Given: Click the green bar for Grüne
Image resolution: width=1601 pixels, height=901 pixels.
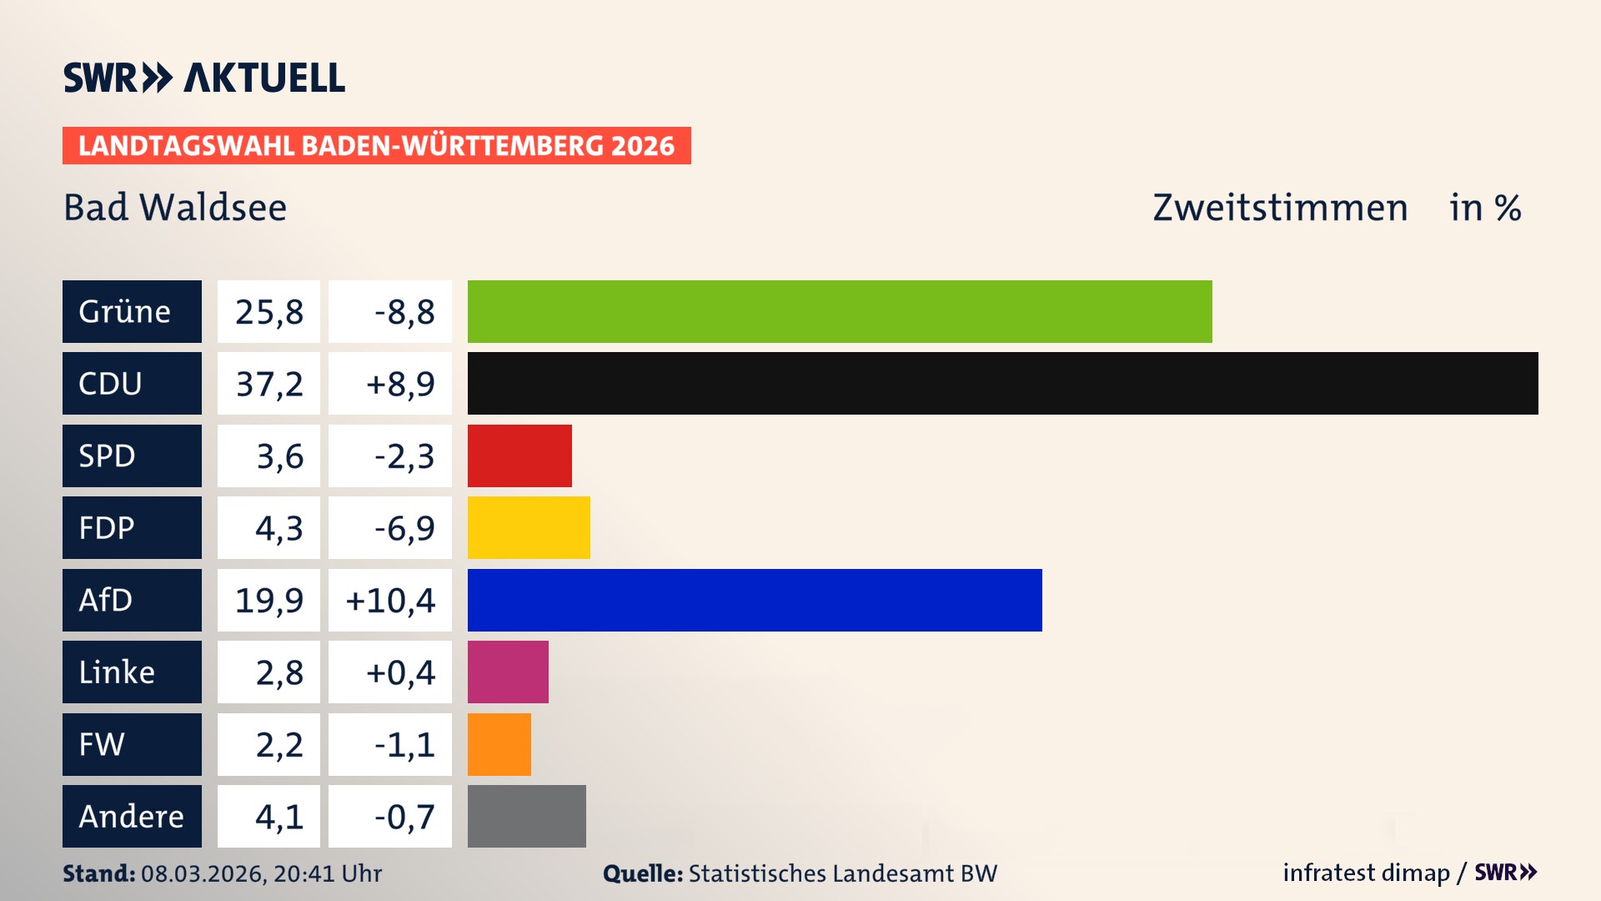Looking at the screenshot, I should [x=839, y=311].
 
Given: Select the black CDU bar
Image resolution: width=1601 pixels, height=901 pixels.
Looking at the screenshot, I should [x=1002, y=383].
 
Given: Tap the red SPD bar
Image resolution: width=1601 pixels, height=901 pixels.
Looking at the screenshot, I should [x=519, y=456].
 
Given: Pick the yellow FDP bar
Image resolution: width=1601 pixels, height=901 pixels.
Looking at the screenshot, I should [x=529, y=527].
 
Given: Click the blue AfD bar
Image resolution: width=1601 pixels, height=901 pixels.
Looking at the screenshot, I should [x=755, y=600].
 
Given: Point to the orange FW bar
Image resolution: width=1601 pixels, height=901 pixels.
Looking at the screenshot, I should [x=499, y=744].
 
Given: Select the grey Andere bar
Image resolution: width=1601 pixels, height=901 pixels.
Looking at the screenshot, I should [x=526, y=816].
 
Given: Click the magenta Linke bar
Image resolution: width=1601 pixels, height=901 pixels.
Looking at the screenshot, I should [x=508, y=672].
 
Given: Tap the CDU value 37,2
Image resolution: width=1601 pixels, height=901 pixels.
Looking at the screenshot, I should [x=269, y=384].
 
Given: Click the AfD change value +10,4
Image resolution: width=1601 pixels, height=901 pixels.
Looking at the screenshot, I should [x=390, y=601].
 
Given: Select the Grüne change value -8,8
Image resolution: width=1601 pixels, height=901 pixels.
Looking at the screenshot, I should [x=404, y=312].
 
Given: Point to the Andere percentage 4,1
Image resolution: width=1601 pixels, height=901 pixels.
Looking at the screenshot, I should [x=279, y=817].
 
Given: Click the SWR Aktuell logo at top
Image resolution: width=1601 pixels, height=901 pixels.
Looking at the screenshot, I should [x=203, y=78].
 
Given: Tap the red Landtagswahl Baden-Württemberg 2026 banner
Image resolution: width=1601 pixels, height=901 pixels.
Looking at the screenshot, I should [x=376, y=145].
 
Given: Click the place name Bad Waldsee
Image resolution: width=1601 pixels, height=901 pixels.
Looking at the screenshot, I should [x=175, y=207].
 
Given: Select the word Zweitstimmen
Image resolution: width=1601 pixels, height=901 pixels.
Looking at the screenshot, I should [x=1279, y=207].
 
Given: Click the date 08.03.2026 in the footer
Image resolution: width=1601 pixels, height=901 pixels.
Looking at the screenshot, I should [x=203, y=873].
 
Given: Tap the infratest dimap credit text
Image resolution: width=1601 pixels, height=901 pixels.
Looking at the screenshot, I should [x=1365, y=873].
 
